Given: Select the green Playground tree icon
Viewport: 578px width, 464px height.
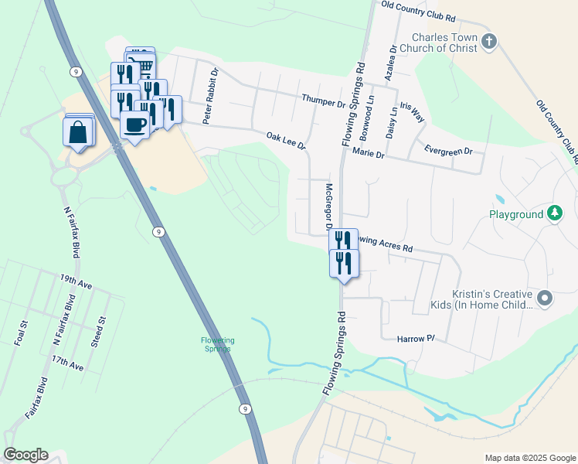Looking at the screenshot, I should [x=554, y=213].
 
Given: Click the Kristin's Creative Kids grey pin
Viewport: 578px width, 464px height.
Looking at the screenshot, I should [x=545, y=298].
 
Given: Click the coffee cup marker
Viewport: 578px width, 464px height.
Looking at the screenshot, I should [x=135, y=125].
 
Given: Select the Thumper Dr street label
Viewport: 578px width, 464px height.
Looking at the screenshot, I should [x=324, y=101].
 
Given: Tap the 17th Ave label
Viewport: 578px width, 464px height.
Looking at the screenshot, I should [x=67, y=361].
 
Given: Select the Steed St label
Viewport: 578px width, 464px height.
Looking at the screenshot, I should [x=99, y=332].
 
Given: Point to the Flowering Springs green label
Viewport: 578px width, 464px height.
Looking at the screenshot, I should [x=217, y=344].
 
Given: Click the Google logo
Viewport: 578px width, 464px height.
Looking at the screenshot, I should [x=25, y=455].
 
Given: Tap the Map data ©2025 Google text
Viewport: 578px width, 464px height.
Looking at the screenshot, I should [x=529, y=458].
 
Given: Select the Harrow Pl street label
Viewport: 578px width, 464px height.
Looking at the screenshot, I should [x=416, y=339].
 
